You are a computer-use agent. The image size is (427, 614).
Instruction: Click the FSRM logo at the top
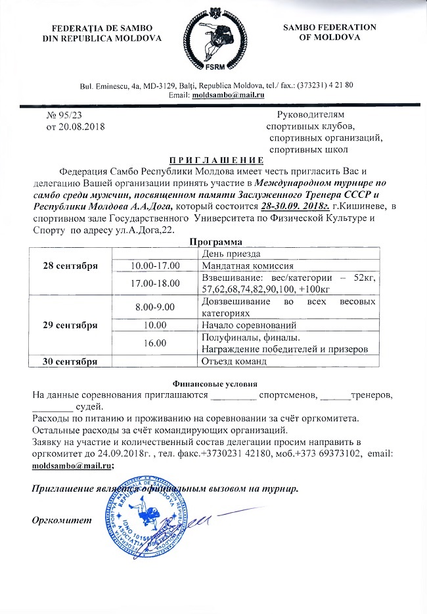(x=214, y=41)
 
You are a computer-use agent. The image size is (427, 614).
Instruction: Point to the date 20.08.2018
(x=74, y=126)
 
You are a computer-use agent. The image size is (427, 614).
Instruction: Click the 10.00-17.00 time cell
(x=155, y=266)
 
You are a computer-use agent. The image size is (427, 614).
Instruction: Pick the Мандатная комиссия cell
(x=245, y=266)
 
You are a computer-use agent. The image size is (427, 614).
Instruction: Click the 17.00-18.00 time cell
(x=155, y=283)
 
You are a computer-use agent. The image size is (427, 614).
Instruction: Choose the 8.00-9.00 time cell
(x=155, y=306)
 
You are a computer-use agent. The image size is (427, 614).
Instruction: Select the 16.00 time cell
(x=155, y=342)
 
